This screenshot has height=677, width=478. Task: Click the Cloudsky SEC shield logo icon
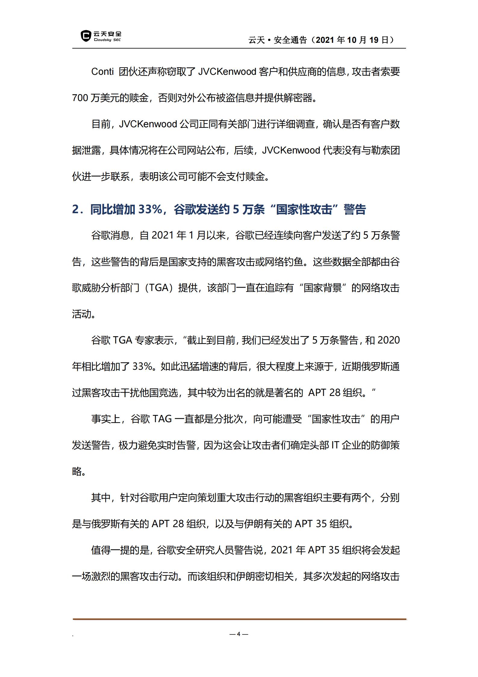86,36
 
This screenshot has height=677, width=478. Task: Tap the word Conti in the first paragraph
102,72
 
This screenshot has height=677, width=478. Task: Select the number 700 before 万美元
80,98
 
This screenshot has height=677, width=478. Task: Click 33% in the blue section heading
150,209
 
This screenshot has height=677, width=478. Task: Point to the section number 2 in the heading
75,209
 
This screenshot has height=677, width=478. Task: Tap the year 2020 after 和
388,340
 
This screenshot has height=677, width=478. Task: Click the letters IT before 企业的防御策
335,445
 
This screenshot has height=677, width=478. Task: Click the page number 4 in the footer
239,634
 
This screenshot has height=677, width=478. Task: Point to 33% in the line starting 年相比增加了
142,366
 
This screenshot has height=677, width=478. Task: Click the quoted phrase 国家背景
323,288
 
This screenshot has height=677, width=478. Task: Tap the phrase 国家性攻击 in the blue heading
304,209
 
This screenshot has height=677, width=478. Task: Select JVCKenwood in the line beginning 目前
148,124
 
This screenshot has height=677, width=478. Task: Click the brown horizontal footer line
239,619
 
